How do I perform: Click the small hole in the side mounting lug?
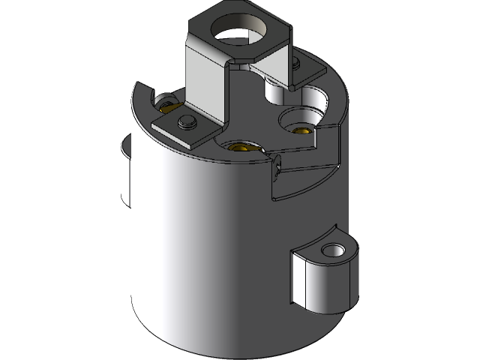(x=329, y=250)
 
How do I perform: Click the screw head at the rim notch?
(x=278, y=167)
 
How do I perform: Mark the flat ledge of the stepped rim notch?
(x=304, y=161)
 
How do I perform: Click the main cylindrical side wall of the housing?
(x=202, y=247)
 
